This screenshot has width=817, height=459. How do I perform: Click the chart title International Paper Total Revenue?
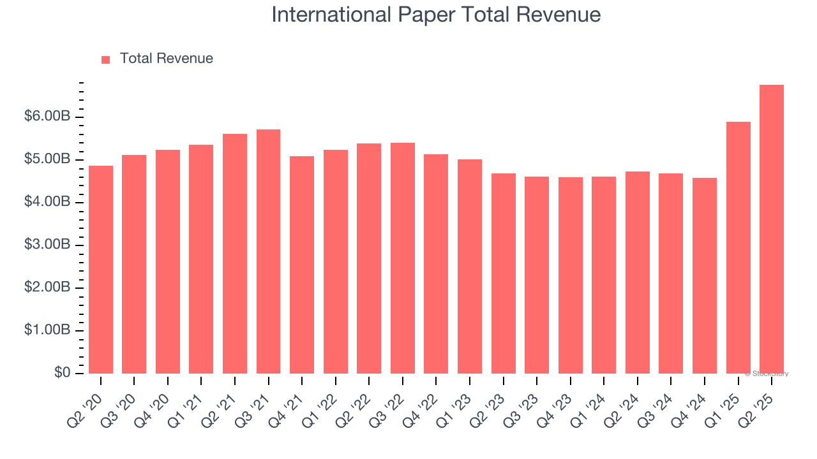[436, 15]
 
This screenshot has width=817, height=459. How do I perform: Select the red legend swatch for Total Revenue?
[106, 59]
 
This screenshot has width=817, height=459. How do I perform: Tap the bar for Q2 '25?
[772, 229]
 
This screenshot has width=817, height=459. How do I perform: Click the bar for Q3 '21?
[268, 251]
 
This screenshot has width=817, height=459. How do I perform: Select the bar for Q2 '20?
[101, 270]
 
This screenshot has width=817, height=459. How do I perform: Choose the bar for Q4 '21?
[302, 265]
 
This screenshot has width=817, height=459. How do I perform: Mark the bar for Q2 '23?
[504, 273]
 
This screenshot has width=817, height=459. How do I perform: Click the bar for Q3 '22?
[403, 258]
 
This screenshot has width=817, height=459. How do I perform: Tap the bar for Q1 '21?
[201, 259]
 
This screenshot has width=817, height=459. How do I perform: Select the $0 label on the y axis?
[61, 373]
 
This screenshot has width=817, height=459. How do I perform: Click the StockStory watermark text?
[767, 374]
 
